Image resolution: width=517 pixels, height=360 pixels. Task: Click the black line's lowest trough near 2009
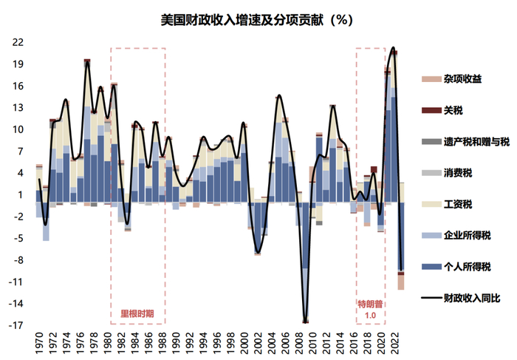tap(305, 322)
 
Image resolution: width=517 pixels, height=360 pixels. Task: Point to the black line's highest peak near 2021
tap(392, 47)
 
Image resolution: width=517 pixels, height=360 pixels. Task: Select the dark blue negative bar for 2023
tap(401, 237)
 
